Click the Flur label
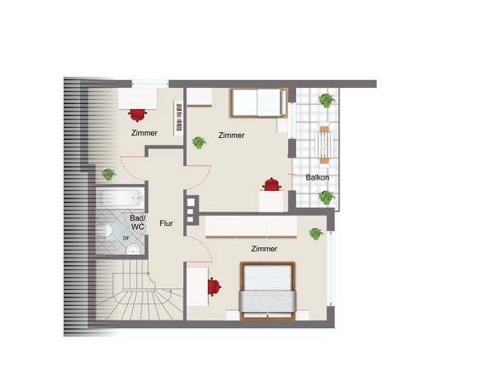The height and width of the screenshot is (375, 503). point(166,223)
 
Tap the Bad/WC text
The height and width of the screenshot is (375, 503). point(138,222)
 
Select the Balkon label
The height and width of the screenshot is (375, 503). point(317,177)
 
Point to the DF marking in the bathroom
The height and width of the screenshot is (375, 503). point(126,238)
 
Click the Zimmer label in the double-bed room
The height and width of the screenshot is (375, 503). point(264,249)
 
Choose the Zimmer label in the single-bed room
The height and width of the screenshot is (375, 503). point(231,136)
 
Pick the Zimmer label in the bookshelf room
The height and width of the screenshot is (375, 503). point(144,133)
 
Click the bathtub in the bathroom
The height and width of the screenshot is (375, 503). point(120,198)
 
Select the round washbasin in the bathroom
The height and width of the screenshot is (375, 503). point(133,249)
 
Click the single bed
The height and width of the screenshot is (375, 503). point(258,103)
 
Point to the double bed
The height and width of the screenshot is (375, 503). point(268,291)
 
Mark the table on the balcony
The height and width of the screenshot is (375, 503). point(325,145)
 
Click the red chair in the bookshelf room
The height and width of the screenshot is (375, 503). point(138,115)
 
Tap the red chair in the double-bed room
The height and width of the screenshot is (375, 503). point(214,286)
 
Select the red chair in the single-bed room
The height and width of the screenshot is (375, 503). point(272,184)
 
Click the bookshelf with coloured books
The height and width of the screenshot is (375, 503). point(179,118)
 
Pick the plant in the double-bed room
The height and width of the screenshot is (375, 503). point(316,234)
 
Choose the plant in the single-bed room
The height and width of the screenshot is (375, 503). point(199,142)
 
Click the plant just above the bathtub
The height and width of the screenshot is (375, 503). point(109,175)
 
